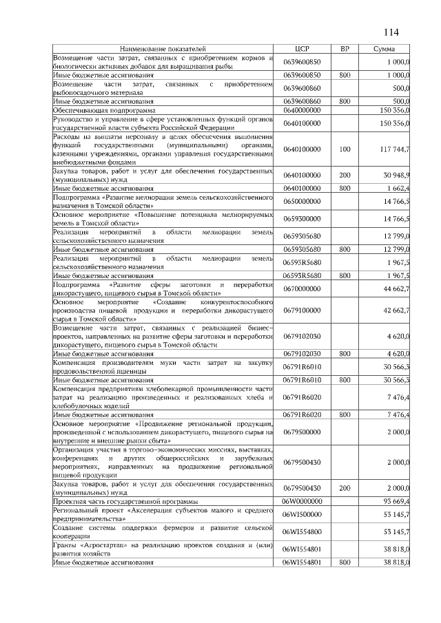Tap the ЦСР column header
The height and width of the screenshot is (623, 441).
pos(304,49)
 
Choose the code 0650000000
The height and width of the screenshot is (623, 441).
pos(303,201)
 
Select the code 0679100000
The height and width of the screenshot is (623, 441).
pos(303,310)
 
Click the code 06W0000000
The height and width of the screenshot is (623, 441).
pos(303,500)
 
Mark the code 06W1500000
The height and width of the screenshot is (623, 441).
pos(303,514)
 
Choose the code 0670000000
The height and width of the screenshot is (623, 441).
pos(303,288)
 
